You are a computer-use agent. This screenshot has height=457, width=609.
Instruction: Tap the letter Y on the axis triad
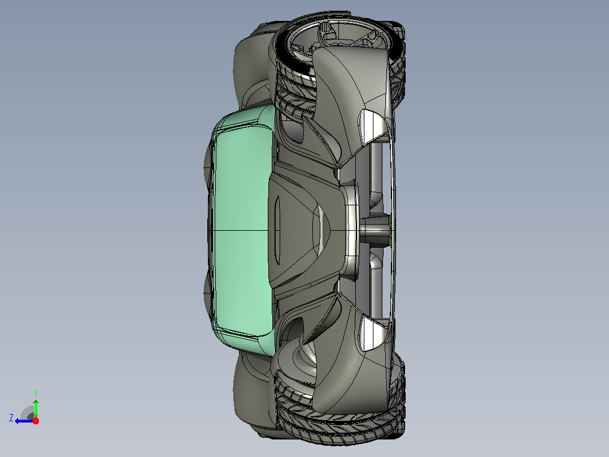click(x=36, y=393)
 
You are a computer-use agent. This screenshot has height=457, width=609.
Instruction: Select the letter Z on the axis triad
click(x=11, y=418)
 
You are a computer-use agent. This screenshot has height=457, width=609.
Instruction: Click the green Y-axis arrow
click(x=36, y=408)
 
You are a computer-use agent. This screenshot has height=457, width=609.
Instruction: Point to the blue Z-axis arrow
click(x=24, y=421)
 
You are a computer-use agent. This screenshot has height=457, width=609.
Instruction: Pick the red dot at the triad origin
click(x=36, y=421)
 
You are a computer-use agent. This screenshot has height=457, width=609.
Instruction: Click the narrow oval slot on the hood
click(x=277, y=230)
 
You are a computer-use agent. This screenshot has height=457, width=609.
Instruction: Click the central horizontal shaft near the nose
click(x=375, y=230)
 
